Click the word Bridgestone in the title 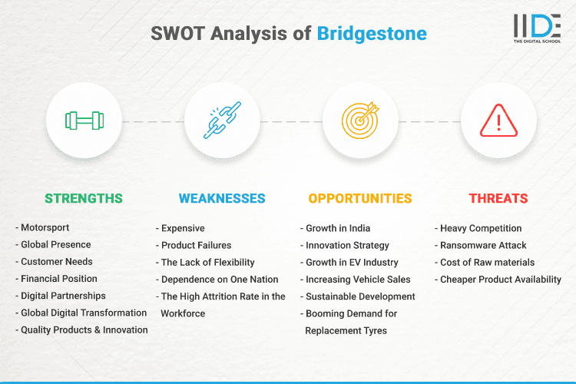pos(372,35)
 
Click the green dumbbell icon pos(84,121)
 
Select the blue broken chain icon pos(222,121)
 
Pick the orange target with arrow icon pos(360,121)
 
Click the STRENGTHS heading pos(84,198)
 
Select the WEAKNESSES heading pos(222,198)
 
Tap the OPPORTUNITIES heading pos(360,198)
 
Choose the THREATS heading pos(498,198)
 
